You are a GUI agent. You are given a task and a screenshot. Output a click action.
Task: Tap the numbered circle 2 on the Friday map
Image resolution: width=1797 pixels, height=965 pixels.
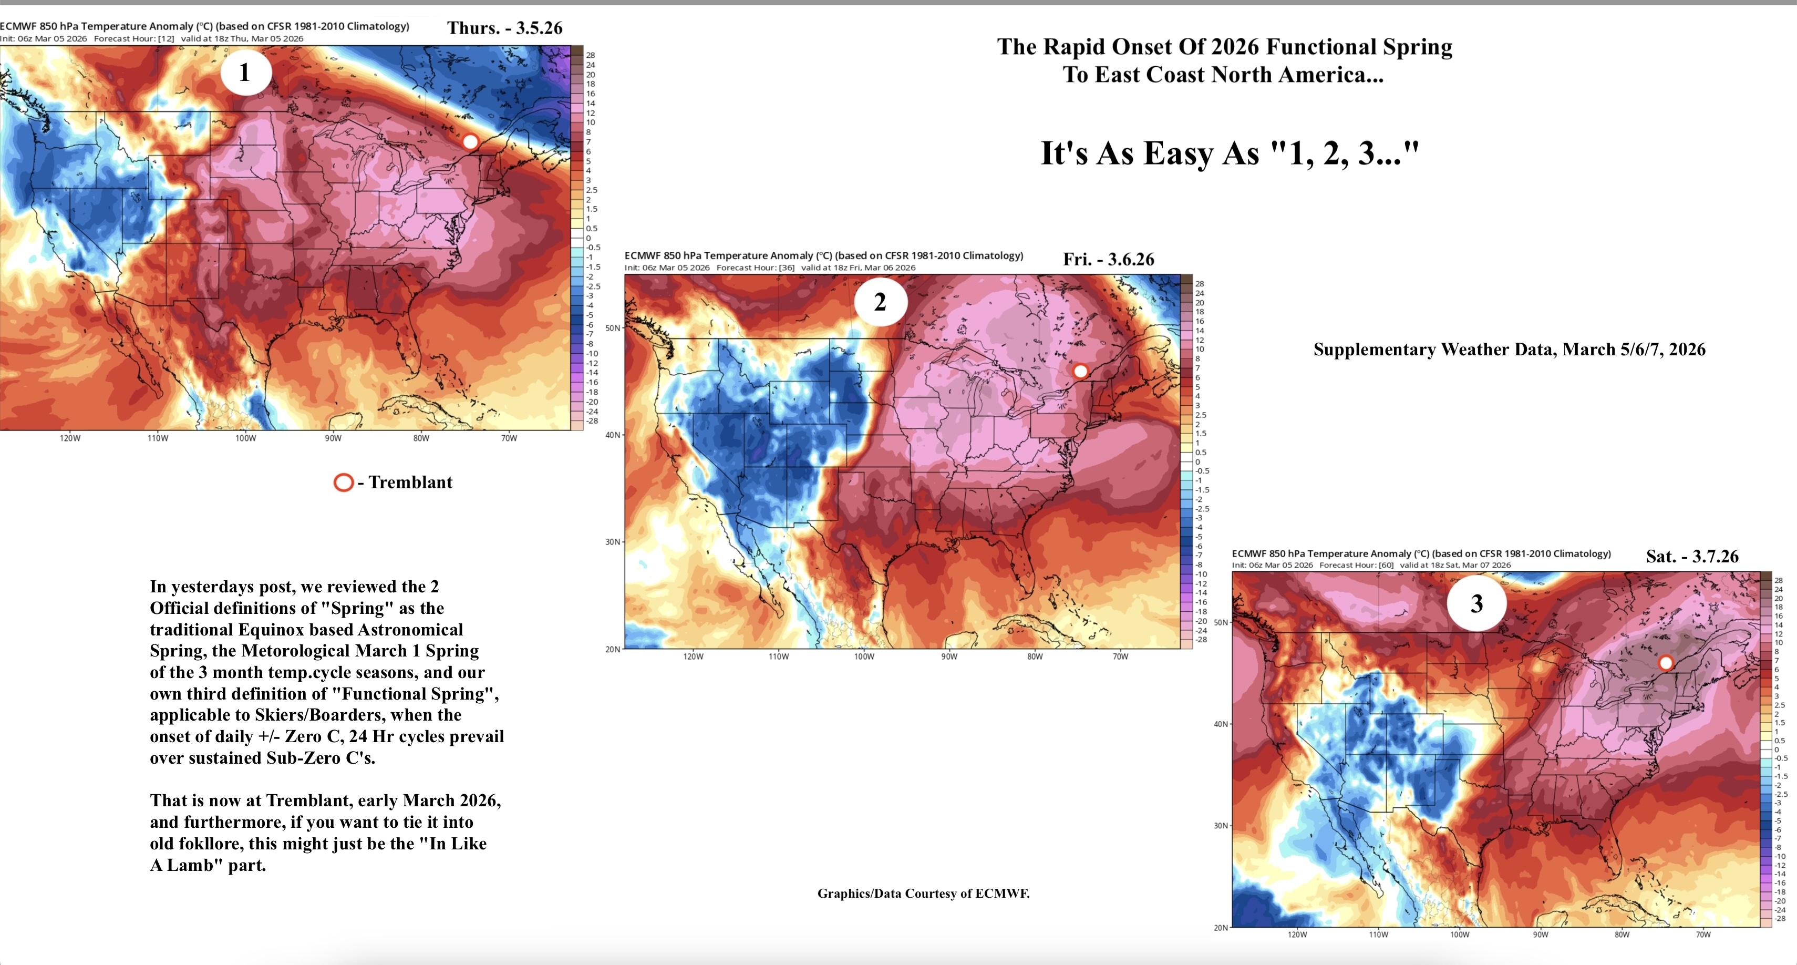tap(880, 302)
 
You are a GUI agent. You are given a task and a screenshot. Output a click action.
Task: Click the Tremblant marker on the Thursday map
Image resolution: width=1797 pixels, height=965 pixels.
tap(471, 141)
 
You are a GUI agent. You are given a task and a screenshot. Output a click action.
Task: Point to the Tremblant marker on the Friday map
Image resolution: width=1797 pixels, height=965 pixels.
tap(1080, 371)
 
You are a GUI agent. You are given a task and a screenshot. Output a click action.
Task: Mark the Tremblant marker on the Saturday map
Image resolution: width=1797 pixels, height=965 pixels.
tap(1665, 662)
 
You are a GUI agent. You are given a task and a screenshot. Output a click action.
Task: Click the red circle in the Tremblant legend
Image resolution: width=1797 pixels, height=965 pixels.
tap(343, 482)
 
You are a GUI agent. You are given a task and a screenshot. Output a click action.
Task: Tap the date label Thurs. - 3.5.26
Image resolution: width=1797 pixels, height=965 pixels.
tap(504, 28)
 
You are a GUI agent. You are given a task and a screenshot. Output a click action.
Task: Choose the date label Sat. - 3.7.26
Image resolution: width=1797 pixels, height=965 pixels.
tap(1692, 556)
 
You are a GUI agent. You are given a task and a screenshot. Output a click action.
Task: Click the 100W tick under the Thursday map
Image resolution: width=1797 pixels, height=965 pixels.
tap(245, 438)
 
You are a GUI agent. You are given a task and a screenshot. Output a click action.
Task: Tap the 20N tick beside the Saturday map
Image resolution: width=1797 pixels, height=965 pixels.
tap(1220, 927)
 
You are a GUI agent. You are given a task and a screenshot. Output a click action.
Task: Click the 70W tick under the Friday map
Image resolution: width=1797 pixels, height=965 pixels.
tap(1120, 656)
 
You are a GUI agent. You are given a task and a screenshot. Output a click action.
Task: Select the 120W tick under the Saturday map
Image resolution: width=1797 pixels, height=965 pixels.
tap(1297, 935)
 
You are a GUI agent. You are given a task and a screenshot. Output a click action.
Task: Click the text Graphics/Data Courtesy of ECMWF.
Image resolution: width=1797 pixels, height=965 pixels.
tap(923, 893)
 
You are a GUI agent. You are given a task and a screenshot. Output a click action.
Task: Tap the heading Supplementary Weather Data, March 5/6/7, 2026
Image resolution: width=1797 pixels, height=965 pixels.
tap(1509, 350)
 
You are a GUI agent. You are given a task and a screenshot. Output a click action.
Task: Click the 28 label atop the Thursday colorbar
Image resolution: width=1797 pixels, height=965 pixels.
tap(590, 55)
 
